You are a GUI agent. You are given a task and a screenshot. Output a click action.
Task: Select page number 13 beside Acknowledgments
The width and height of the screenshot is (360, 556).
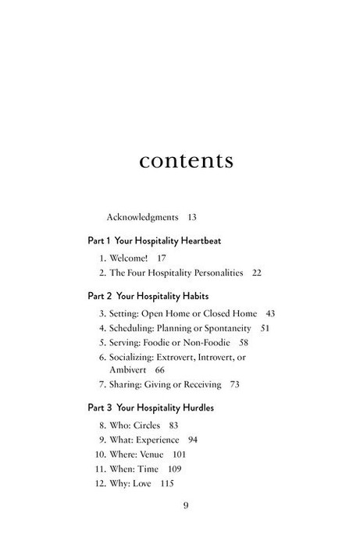(191, 216)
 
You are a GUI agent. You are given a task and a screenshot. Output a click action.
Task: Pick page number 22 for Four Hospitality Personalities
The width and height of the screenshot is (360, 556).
(257, 273)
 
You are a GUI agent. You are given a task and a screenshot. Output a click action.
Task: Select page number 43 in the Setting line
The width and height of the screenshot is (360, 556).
(270, 314)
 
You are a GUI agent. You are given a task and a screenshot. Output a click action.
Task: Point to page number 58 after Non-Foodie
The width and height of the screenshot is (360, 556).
(244, 343)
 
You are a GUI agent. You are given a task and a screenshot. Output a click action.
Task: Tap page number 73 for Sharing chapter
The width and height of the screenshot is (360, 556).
(234, 384)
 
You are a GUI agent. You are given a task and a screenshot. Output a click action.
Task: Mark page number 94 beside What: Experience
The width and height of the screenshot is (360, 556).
(193, 440)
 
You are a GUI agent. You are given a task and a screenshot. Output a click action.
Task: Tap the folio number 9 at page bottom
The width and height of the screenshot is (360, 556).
(186, 505)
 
